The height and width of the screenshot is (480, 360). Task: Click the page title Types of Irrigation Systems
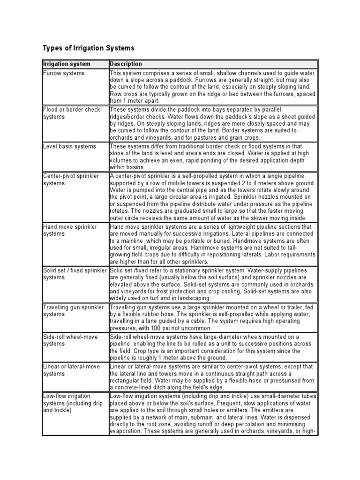click(89, 48)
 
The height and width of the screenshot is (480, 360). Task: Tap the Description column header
click(126, 64)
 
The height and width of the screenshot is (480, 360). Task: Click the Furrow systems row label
click(64, 74)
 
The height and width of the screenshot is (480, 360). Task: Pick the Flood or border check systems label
click(71, 113)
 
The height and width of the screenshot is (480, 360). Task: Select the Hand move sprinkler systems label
click(70, 230)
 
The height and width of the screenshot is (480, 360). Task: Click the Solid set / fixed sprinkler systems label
click(75, 274)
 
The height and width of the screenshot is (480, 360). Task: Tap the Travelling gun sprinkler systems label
click(73, 310)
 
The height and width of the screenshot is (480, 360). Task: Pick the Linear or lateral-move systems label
click(71, 370)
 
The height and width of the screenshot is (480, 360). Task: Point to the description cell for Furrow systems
click(213, 87)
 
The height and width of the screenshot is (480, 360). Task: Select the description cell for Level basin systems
click(213, 157)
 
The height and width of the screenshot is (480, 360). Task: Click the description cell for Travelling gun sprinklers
click(213, 318)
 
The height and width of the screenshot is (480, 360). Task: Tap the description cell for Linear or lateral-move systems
click(213, 377)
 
